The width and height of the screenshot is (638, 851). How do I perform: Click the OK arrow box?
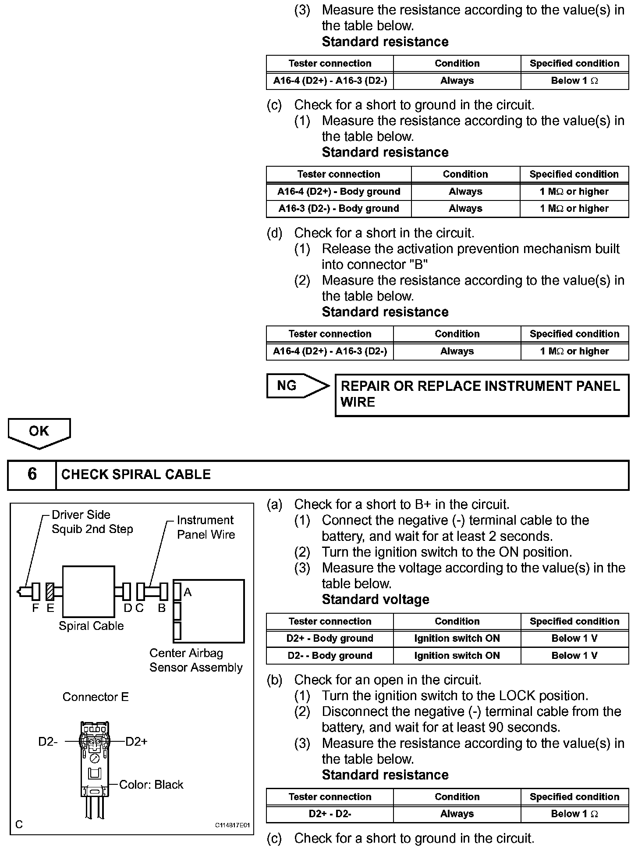click(x=39, y=432)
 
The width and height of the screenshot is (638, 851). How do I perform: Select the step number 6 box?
click(x=32, y=475)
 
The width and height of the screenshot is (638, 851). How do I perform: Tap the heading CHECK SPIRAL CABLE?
click(x=136, y=475)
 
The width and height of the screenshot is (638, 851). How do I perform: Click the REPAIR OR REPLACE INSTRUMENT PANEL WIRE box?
click(x=481, y=394)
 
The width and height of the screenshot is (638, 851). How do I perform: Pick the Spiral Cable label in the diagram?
click(x=91, y=626)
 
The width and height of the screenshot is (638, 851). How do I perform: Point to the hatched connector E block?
click(x=50, y=591)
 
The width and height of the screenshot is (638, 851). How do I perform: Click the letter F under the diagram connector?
click(x=35, y=608)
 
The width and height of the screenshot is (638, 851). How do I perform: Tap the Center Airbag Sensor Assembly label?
click(x=196, y=660)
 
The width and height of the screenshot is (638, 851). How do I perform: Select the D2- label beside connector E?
click(x=48, y=742)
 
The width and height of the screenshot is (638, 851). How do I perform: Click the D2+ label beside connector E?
click(x=136, y=742)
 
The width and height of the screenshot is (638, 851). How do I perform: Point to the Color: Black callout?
click(x=151, y=785)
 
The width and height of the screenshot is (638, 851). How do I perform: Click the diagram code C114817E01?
click(x=232, y=825)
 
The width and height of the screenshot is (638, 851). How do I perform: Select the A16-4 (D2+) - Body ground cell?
click(x=339, y=192)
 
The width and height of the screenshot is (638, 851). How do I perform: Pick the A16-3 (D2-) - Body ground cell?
click(x=339, y=209)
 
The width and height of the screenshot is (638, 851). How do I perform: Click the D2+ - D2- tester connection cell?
click(x=330, y=814)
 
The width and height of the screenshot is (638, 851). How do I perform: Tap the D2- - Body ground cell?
click(x=330, y=656)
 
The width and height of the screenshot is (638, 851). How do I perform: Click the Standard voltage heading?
click(x=376, y=600)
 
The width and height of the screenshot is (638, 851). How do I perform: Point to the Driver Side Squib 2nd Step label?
click(x=92, y=522)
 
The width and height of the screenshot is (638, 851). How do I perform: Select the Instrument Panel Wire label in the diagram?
click(x=206, y=527)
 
